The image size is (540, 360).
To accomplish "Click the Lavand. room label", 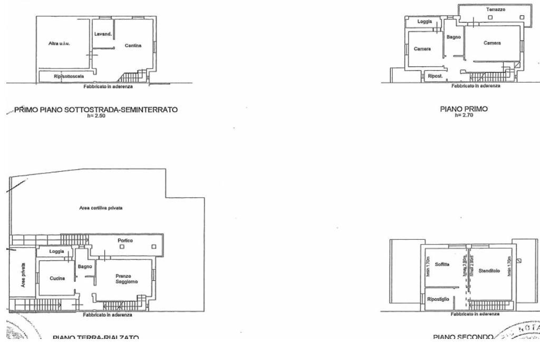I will (x=103, y=34).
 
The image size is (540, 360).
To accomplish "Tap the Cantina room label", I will (x=133, y=45).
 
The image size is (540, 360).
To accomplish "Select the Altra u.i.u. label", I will (x=59, y=44).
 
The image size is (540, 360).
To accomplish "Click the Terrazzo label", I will (x=495, y=9).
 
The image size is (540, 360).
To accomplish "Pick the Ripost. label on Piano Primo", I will (x=435, y=76).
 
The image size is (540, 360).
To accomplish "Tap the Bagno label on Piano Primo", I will (x=454, y=37).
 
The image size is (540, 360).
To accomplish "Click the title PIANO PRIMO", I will (x=464, y=109).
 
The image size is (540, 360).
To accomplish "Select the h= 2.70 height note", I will (x=464, y=115).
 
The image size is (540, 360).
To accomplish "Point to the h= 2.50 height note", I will (x=96, y=115).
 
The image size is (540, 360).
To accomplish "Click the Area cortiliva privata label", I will (x=101, y=208).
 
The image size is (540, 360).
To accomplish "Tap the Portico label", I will (x=126, y=240).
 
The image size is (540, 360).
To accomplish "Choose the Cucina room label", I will (x=57, y=278).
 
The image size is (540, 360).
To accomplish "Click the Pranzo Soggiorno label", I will (x=127, y=279).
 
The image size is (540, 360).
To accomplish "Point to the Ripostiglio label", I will (x=438, y=299).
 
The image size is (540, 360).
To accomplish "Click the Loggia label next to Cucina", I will (x=56, y=251).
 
